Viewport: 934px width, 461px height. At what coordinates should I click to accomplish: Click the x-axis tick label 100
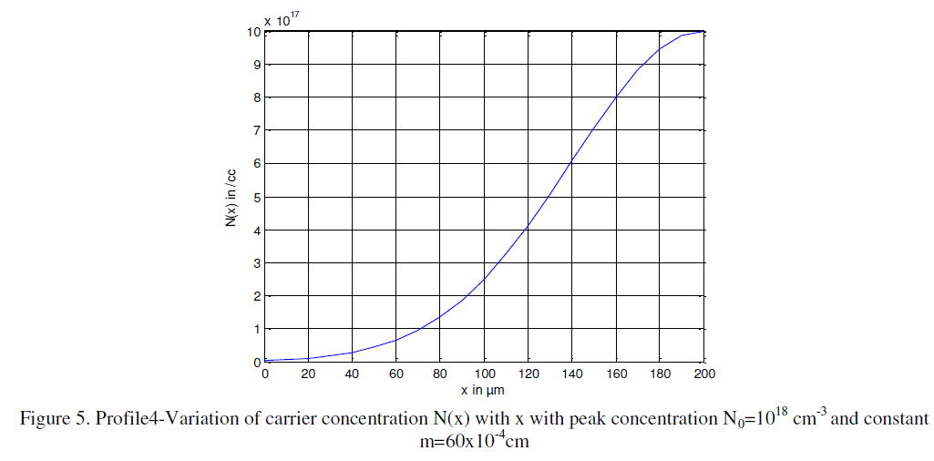(484, 374)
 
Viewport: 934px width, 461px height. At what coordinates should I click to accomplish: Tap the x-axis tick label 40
(353, 374)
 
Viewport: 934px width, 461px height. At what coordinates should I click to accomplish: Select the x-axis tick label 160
(616, 374)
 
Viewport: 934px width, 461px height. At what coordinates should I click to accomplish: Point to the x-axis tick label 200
(703, 374)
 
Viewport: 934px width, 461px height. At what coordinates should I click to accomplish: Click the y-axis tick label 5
(258, 197)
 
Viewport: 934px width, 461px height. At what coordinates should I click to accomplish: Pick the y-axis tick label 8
(258, 97)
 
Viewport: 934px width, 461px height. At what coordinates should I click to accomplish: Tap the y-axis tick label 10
(255, 32)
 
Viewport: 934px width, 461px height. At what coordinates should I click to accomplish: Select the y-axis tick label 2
(258, 296)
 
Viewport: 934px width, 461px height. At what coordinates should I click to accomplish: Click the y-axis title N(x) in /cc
(233, 197)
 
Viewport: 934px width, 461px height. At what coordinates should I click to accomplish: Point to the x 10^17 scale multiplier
(282, 17)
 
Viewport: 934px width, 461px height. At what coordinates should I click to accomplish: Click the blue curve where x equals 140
(572, 163)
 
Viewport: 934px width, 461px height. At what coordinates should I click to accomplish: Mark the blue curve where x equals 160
(616, 97)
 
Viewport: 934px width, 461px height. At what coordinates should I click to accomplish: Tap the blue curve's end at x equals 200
(703, 32)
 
